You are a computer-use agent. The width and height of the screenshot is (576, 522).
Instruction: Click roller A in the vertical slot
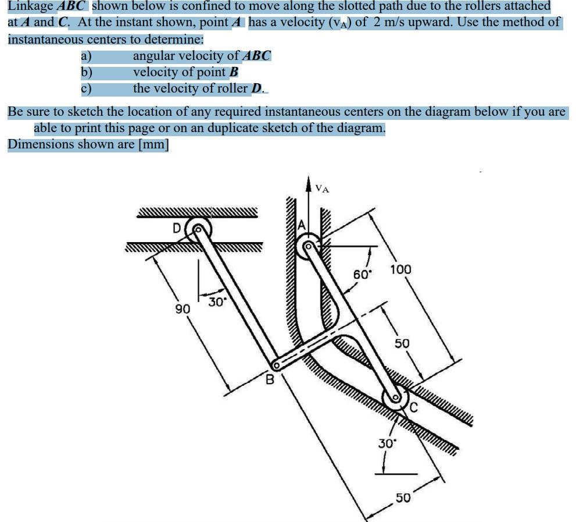[x=307, y=247]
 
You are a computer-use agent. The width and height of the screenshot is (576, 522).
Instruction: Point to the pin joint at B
[x=277, y=365]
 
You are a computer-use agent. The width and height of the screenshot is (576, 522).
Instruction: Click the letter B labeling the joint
[x=270, y=381]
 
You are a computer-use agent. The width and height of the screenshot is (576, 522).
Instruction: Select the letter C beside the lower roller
[x=414, y=407]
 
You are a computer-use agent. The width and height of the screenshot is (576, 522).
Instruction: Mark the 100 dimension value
[x=400, y=269]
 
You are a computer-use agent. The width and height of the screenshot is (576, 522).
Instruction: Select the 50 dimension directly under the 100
[x=402, y=343]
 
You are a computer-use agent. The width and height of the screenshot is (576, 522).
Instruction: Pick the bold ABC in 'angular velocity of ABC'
[x=256, y=56]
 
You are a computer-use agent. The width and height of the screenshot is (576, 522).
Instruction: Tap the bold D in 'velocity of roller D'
[x=256, y=88]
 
